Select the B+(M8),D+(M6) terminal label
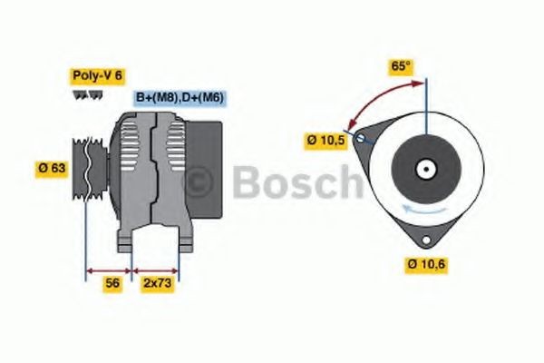tap(180, 97)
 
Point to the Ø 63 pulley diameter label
tap(52, 167)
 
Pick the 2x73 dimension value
tap(157, 283)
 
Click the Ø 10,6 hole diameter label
tap(427, 264)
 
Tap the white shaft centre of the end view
tap(424, 169)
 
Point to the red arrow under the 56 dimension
tap(109, 270)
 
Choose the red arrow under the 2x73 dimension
tap(156, 270)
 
